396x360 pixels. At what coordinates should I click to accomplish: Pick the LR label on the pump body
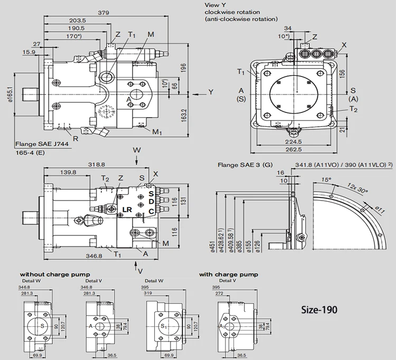(x=127, y=210)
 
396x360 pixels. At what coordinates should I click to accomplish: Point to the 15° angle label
(x=327, y=179)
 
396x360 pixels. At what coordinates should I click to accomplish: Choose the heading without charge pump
(x=55, y=274)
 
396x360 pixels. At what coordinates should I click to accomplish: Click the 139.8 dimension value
(x=67, y=172)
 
